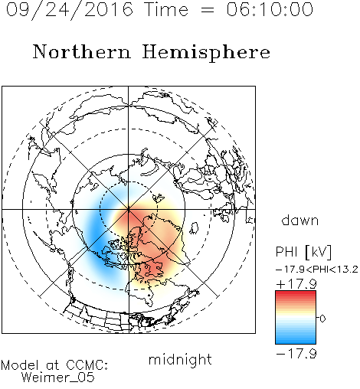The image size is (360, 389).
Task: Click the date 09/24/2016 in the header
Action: point(70,10)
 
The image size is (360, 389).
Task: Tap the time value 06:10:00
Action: point(270,9)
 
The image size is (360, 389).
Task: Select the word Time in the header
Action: point(166,9)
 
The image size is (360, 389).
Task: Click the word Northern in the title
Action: point(82,51)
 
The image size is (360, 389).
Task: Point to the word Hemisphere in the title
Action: point(206,52)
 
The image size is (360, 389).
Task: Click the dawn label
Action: point(300,220)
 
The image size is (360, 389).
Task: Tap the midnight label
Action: point(180,359)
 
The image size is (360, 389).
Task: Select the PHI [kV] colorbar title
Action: point(303,252)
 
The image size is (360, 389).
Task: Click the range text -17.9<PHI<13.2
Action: point(317,270)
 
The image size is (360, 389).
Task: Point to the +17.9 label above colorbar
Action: point(296,283)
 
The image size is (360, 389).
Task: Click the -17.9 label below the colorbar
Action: point(296,354)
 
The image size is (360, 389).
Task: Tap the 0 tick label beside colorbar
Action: point(322,319)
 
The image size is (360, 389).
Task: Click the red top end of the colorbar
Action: point(296,293)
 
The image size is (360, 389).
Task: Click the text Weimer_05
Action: point(57,378)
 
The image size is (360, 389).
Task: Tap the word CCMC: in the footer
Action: point(87,365)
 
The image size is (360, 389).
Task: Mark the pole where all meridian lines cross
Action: point(129,209)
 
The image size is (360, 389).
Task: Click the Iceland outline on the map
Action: point(195,228)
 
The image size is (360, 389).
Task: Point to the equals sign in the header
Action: point(208,11)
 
